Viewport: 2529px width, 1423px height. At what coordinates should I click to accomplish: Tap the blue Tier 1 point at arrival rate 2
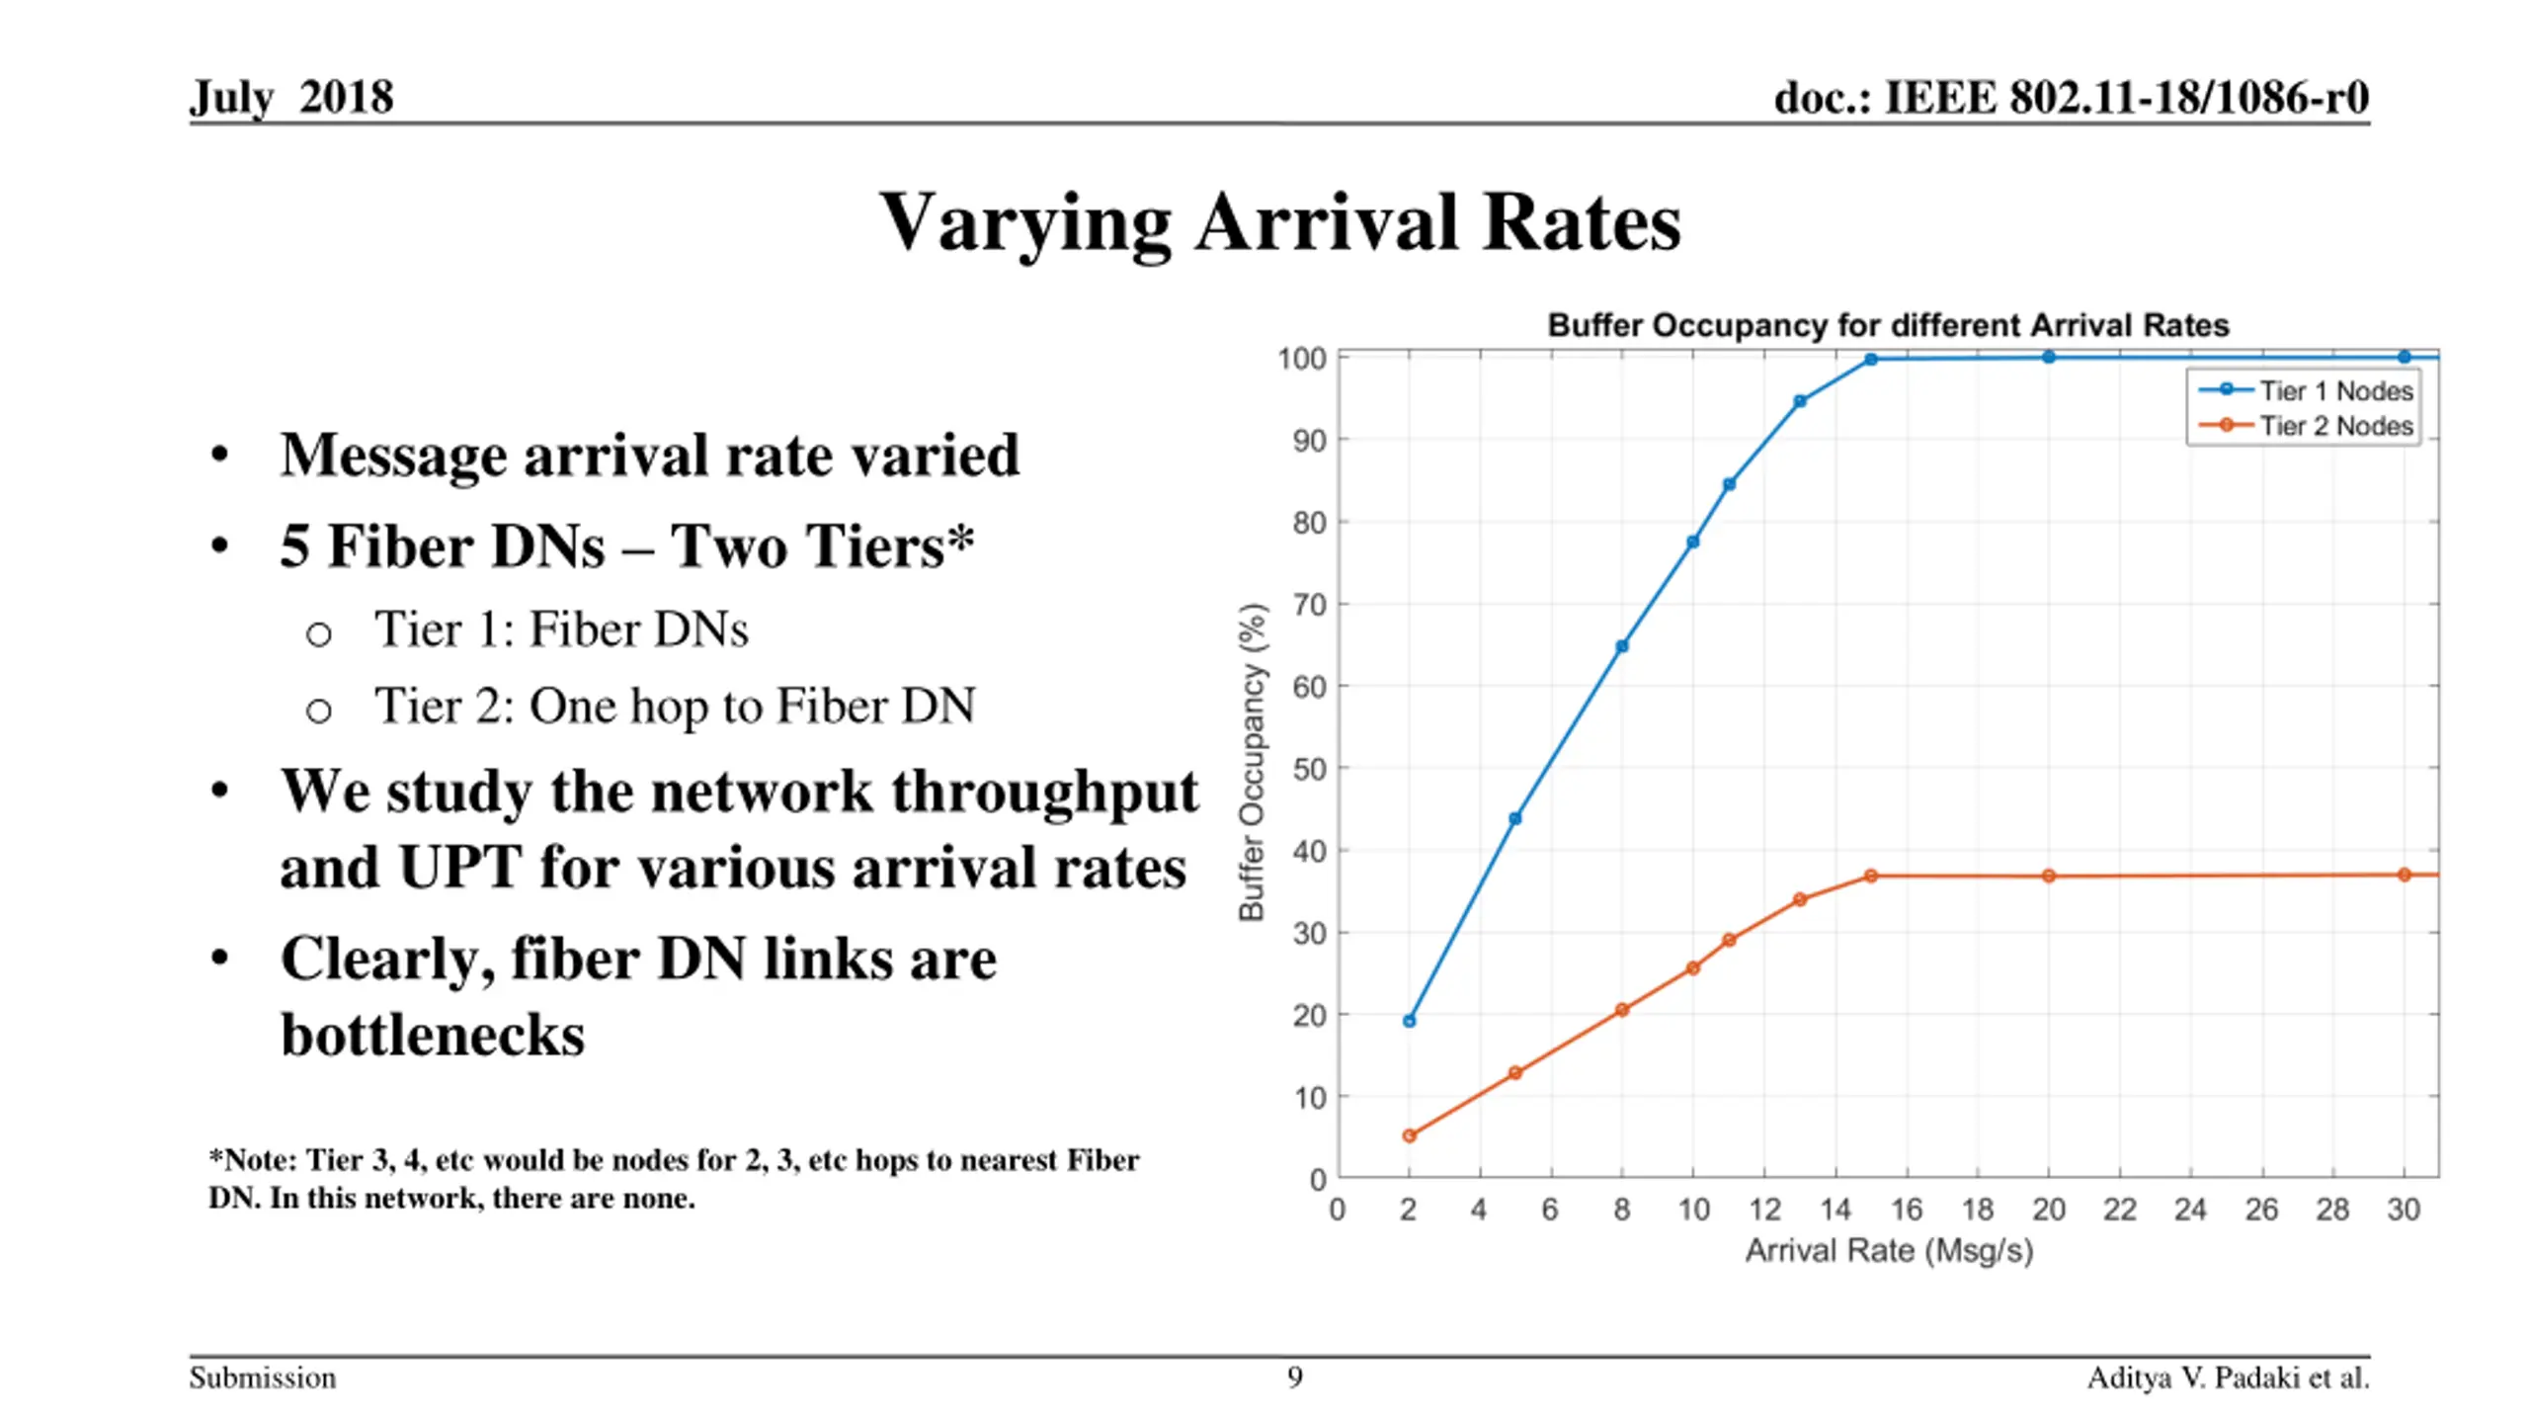(1409, 1021)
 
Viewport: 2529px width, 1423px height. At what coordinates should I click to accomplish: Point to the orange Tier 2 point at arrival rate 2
(1409, 1135)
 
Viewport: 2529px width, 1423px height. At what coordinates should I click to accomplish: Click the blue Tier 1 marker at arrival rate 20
(2048, 357)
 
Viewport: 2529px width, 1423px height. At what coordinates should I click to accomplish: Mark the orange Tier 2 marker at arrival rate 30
(2404, 875)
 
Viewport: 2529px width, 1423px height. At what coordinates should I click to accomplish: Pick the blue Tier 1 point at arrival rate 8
(1621, 646)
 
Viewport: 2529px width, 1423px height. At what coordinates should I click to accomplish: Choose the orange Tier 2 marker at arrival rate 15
(1870, 876)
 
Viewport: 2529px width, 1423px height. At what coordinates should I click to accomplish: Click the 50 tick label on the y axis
(1309, 769)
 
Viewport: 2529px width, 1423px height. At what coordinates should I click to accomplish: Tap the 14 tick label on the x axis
(1835, 1210)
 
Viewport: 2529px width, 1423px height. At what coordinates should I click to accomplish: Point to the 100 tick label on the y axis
(1301, 359)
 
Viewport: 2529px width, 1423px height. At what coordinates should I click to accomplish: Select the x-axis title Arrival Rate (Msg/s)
(1888, 1251)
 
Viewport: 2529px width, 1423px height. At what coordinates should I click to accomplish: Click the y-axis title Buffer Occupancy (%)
(1252, 762)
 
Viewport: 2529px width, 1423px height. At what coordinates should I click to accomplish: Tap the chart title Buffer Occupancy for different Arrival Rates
(1888, 325)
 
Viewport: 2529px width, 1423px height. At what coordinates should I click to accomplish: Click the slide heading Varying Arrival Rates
(1279, 223)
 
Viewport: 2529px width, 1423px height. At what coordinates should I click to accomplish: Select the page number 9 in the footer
(1294, 1377)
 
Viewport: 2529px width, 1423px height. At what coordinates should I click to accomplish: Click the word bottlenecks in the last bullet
(433, 1036)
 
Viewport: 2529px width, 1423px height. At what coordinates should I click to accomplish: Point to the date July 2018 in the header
(291, 97)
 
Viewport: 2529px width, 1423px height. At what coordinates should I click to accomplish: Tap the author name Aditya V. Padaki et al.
(2228, 1378)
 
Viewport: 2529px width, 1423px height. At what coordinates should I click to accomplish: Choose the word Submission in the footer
(263, 1378)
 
